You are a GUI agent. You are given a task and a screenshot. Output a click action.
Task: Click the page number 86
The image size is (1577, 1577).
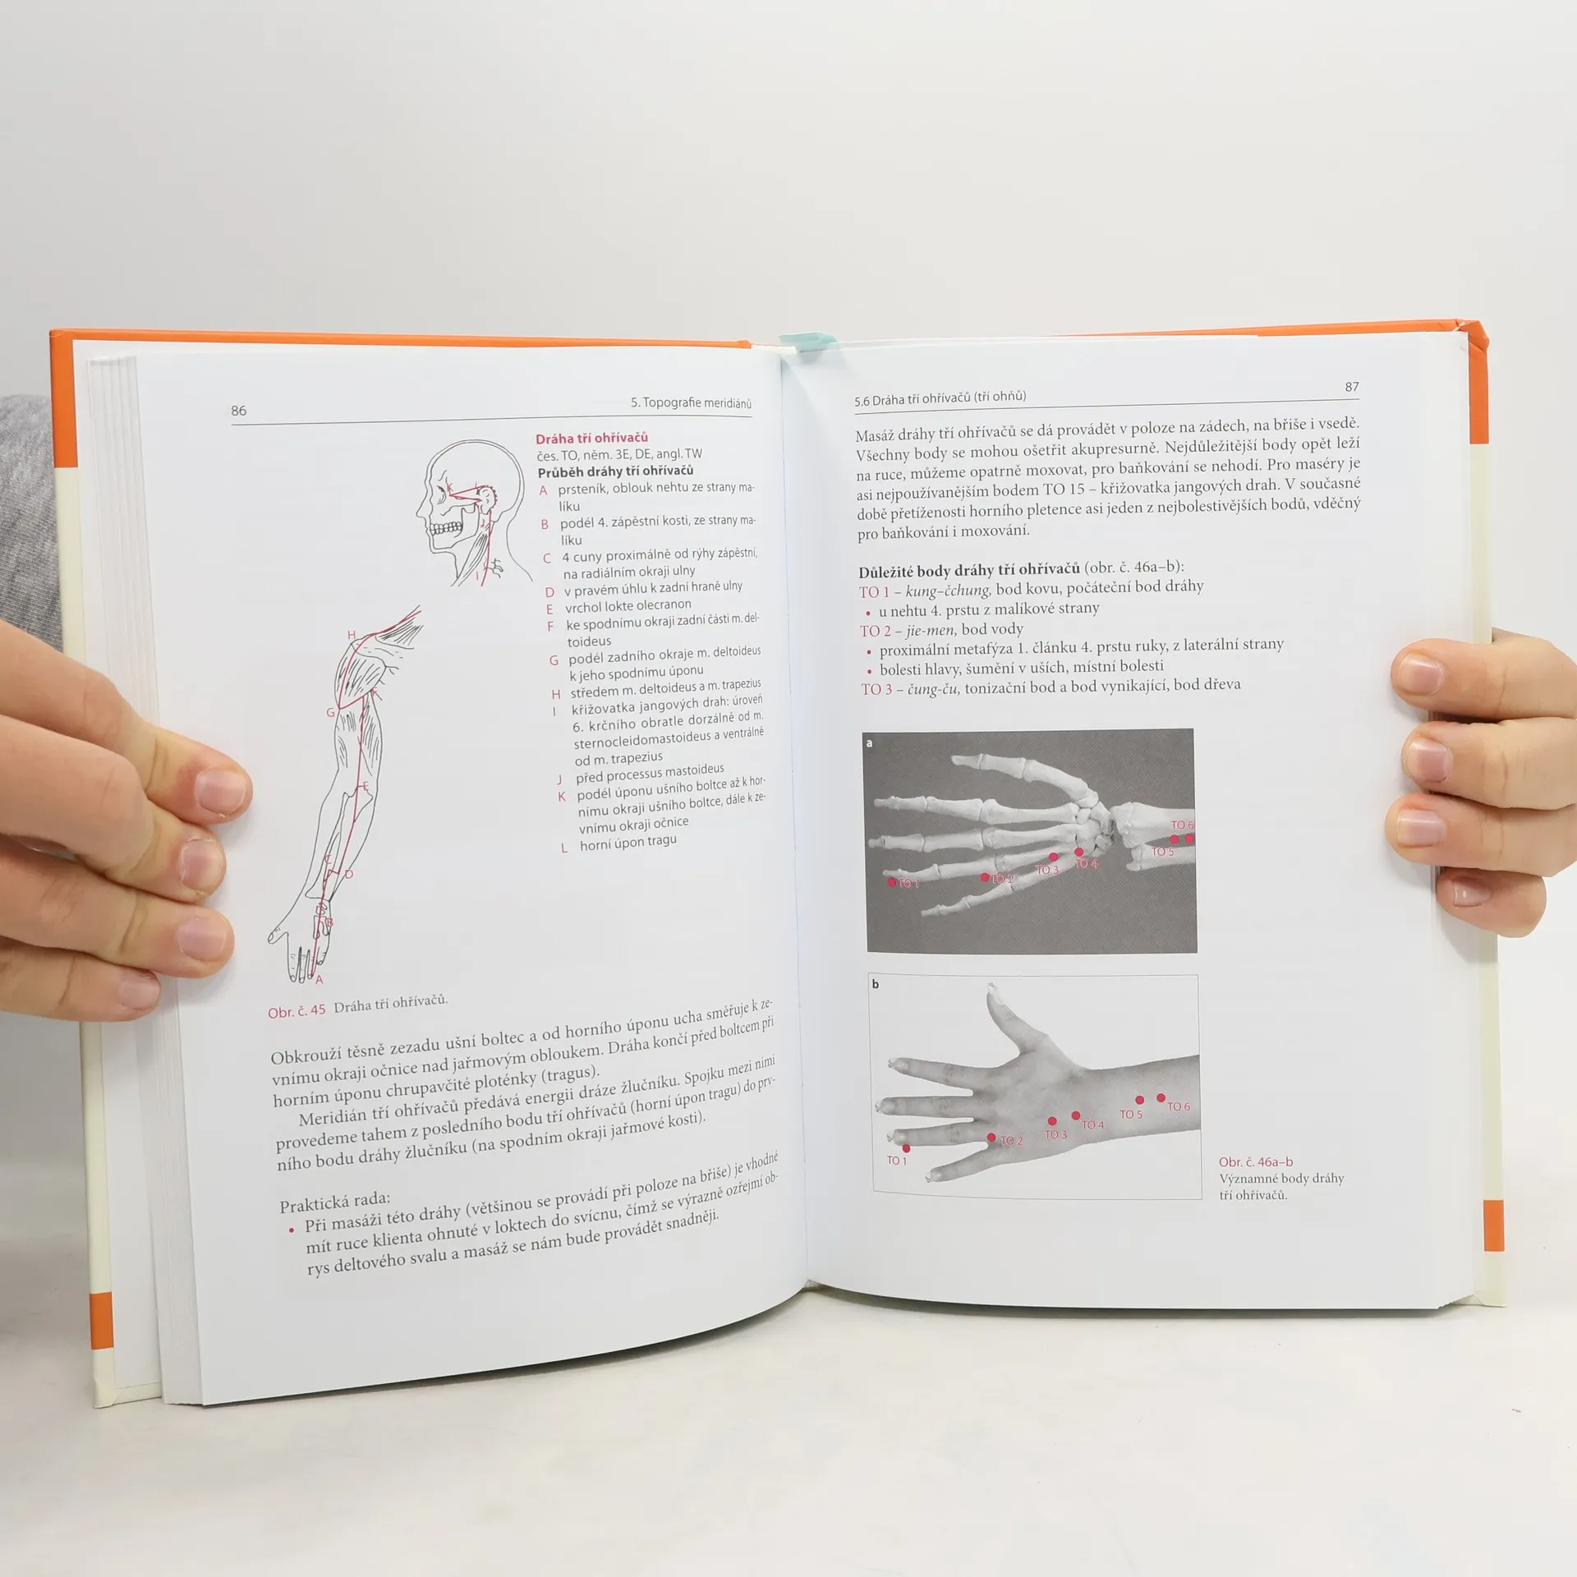coord(238,411)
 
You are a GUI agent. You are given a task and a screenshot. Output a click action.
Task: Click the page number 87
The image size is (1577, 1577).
coord(1352,386)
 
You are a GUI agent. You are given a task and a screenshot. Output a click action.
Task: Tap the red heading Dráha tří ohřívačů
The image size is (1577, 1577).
coord(591,438)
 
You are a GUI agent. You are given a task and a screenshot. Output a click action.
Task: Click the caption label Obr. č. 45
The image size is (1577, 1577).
coord(297,1011)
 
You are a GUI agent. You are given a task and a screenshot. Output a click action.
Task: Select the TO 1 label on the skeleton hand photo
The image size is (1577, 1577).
coord(908,884)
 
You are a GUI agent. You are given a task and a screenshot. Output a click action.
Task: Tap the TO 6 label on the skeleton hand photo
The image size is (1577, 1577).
coord(1182,825)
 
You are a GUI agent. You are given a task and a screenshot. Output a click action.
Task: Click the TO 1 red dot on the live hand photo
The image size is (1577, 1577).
coord(906,1148)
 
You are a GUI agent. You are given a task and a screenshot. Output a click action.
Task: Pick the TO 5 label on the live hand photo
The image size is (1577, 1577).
coord(1131,1115)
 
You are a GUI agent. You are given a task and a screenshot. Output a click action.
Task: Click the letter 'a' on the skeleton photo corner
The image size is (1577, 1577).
coord(869,743)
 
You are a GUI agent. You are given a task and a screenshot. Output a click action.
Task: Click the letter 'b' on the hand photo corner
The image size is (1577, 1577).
coord(876,984)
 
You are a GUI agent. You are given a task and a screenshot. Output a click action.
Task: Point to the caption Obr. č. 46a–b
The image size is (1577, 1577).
coord(1256,1161)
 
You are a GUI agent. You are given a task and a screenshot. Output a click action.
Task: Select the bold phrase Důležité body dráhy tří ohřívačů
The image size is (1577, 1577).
coord(969,571)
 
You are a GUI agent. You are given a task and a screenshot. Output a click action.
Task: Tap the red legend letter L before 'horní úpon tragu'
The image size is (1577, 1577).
coord(564,848)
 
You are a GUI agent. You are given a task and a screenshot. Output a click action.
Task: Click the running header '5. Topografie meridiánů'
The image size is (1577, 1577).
coord(691,402)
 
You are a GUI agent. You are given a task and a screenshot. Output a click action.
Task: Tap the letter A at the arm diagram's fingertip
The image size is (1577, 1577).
coord(319,979)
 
